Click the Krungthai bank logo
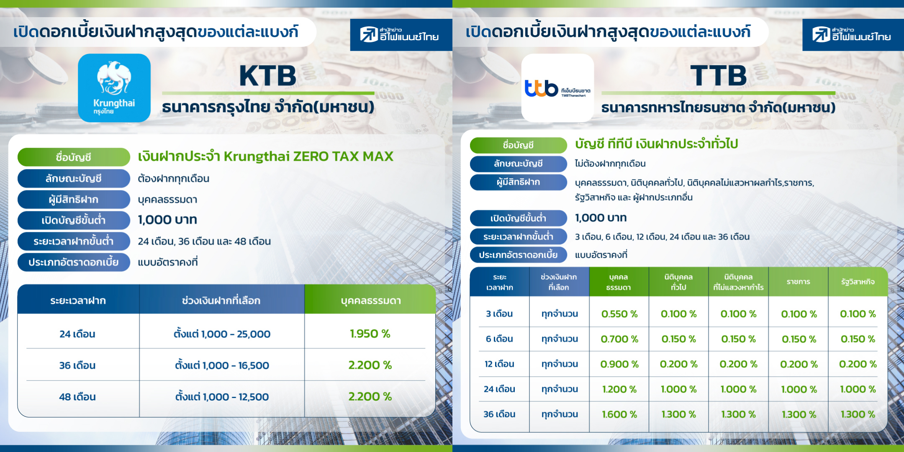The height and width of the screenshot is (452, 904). point(114,88)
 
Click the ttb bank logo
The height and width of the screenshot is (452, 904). point(557,88)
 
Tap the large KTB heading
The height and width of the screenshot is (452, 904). point(268,76)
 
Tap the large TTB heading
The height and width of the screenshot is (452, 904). point(719,76)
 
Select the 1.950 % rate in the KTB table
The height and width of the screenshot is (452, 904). point(370,334)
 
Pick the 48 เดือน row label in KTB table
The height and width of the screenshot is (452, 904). point(77,397)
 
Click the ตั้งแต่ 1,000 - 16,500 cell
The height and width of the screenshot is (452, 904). point(222,365)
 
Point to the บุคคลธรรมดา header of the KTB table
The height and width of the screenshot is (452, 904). point(371,300)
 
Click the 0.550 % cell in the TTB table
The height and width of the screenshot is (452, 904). point(619,314)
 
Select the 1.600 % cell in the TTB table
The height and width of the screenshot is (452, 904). point(619,414)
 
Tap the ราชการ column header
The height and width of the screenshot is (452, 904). point(799,282)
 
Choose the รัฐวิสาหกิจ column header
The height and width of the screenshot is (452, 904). point(858,282)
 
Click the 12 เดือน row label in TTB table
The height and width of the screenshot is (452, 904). point(499,364)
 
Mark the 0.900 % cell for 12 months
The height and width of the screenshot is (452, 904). point(619,364)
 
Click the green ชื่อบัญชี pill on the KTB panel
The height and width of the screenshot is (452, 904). point(74,157)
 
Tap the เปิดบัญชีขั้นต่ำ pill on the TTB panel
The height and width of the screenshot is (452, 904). point(518,218)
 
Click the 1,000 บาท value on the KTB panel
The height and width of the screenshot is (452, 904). point(167,220)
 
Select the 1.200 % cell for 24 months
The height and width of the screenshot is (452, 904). point(619,389)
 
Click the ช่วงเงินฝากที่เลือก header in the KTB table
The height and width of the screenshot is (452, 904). point(221,300)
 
